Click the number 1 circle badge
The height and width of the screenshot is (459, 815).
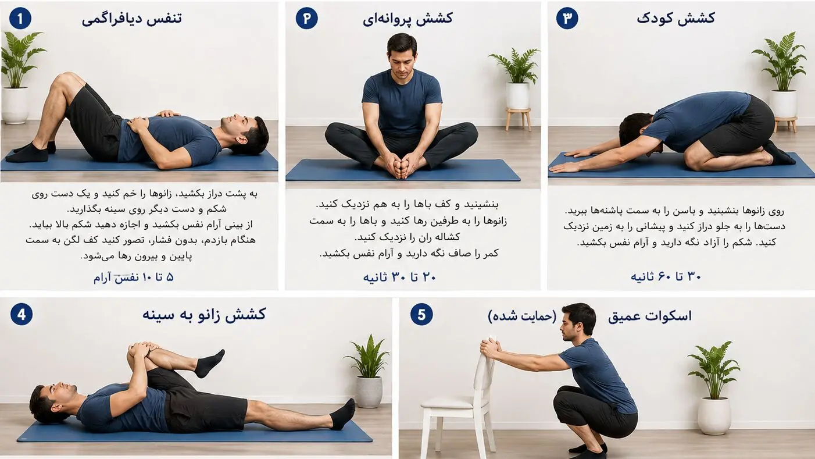coord(20,19)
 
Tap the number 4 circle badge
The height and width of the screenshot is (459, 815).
coord(22,315)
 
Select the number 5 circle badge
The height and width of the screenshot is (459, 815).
coord(421,315)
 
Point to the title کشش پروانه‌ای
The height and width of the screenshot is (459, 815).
coord(408,19)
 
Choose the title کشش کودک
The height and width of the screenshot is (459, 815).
coord(675,18)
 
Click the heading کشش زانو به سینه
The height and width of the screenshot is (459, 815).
coord(203,315)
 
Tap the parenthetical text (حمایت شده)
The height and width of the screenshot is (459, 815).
coord(523,316)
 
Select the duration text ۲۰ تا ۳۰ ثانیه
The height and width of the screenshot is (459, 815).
coord(399,277)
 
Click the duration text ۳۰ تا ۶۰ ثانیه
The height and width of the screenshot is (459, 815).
coord(666,277)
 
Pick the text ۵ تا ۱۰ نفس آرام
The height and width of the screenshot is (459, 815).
coord(134,277)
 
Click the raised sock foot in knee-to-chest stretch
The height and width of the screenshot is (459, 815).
coord(210,363)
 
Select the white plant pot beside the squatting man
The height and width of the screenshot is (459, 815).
coord(714,416)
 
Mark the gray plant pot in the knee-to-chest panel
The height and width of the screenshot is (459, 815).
coord(369,392)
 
